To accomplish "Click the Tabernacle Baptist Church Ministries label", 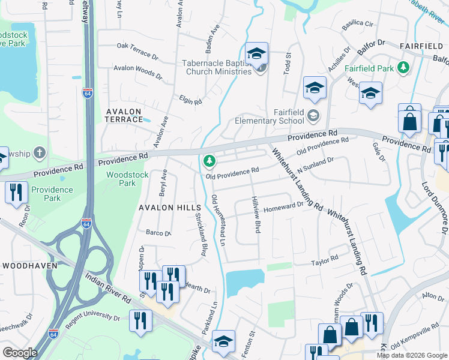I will pyautogui.click(x=217, y=67).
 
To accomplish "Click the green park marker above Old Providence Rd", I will pyautogui.click(x=209, y=160).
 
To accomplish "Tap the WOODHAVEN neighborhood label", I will pyautogui.click(x=29, y=265).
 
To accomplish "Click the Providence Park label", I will pyautogui.click(x=52, y=194).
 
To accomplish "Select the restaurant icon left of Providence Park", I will pyautogui.click(x=14, y=192).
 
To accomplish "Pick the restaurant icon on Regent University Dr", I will pyautogui.click(x=140, y=319).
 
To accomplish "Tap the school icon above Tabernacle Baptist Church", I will pyautogui.click(x=256, y=53).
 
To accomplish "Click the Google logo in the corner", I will pyautogui.click(x=20, y=353).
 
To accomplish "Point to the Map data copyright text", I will pyautogui.click(x=411, y=355).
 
